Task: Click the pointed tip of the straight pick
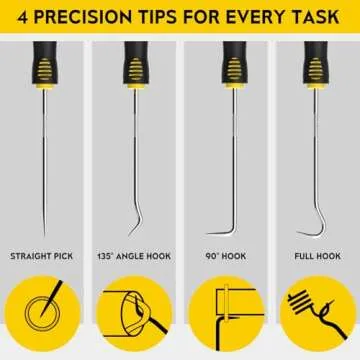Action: pos(44,232)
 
